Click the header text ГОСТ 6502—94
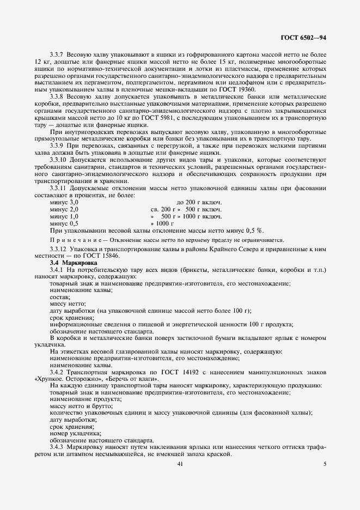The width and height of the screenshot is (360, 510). click(x=303, y=38)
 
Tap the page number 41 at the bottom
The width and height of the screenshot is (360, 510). click(x=180, y=464)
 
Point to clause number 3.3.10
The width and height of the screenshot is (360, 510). click(x=60, y=160)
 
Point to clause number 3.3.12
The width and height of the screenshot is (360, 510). click(x=60, y=249)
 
